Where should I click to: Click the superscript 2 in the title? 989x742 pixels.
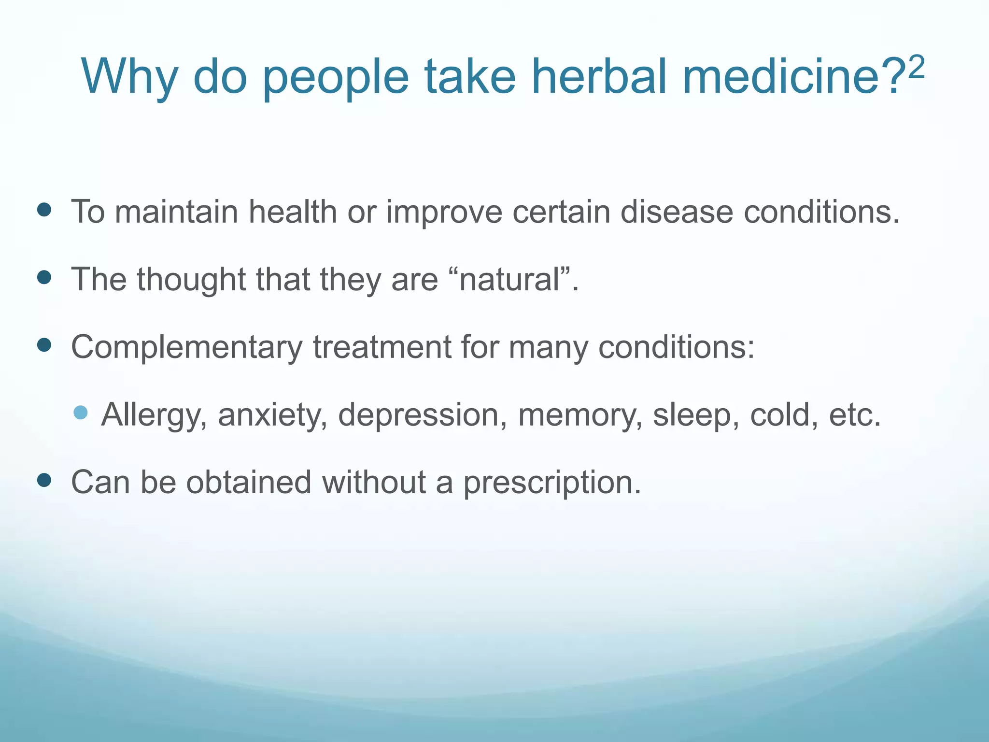pyautogui.click(x=915, y=68)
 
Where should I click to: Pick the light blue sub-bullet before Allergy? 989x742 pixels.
pyautogui.click(x=81, y=413)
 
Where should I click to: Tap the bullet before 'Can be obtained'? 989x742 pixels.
pyautogui.click(x=44, y=480)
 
